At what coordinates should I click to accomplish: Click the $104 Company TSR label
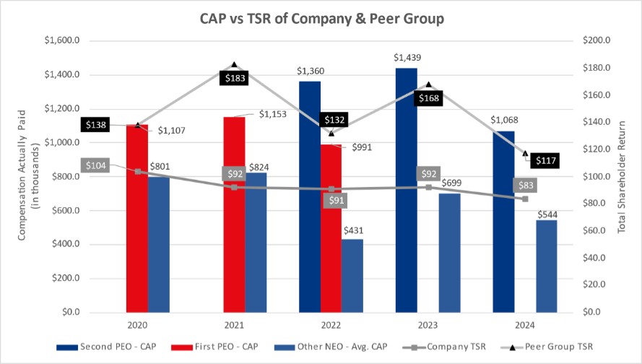(x=94, y=165)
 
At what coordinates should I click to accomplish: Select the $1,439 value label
(x=407, y=57)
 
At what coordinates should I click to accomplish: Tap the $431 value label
(x=353, y=230)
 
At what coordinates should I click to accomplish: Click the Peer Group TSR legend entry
(x=553, y=347)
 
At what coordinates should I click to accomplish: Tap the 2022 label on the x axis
(x=331, y=326)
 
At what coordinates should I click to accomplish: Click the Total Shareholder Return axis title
(x=622, y=176)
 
